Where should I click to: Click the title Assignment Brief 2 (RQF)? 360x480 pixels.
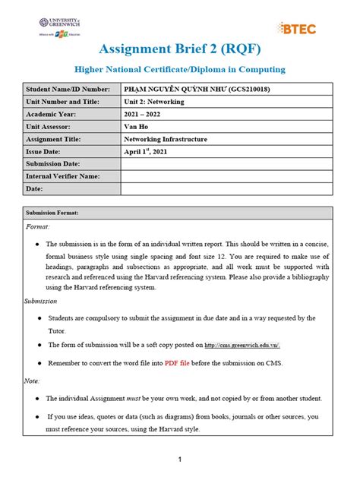click(x=179, y=50)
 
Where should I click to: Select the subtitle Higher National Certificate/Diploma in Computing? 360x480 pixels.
click(x=179, y=70)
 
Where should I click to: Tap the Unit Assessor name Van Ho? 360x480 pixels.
click(x=136, y=127)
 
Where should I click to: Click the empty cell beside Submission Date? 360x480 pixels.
click(x=226, y=164)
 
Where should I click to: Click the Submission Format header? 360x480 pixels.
click(x=52, y=213)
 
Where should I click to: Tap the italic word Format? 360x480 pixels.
click(x=39, y=227)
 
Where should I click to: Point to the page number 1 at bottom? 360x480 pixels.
click(x=179, y=459)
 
